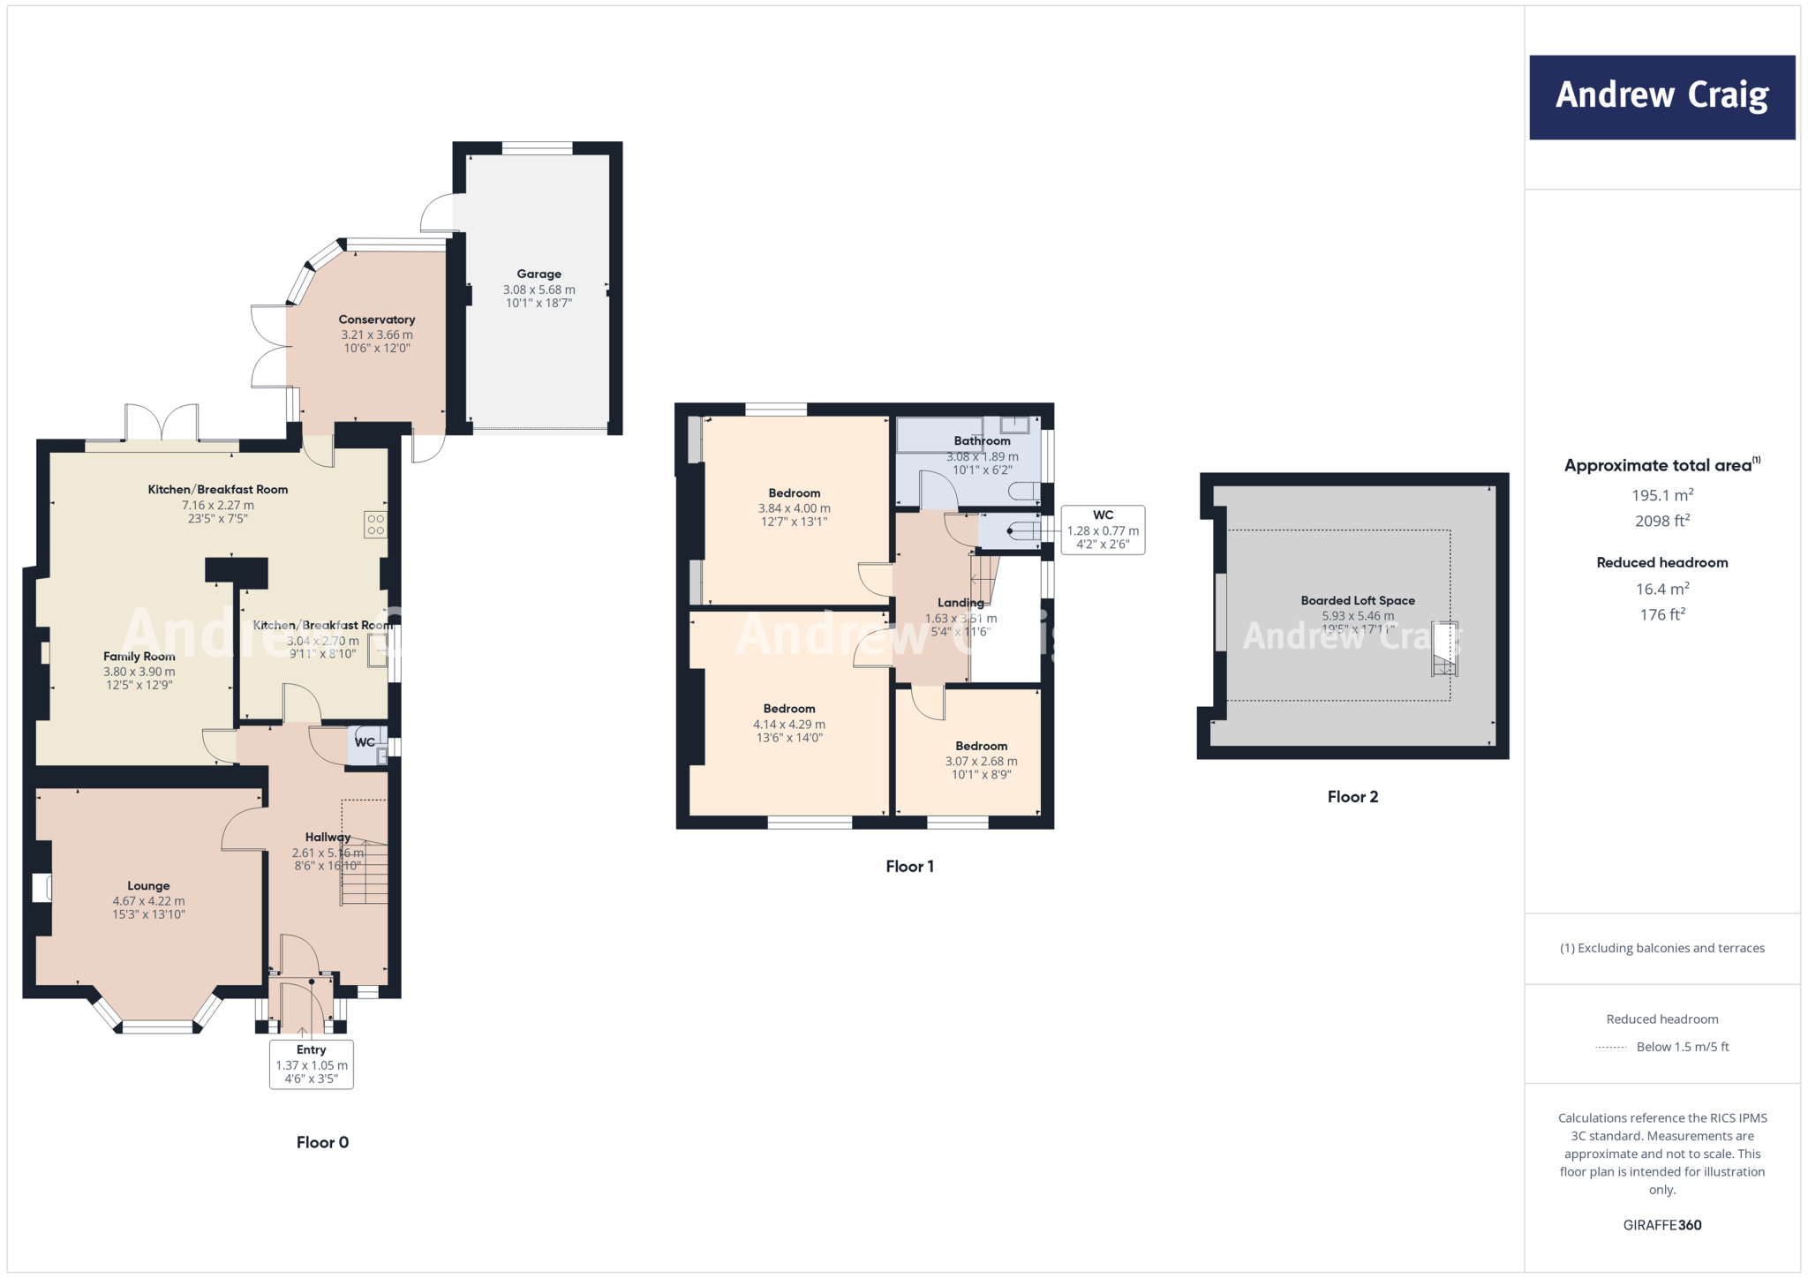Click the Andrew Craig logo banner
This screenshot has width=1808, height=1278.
tap(1661, 97)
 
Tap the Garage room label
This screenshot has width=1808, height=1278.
tap(539, 274)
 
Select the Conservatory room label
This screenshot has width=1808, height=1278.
tap(377, 319)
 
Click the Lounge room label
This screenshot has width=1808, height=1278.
tap(148, 886)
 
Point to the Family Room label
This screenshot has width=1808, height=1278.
tap(139, 657)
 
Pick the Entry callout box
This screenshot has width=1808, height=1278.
tap(312, 1064)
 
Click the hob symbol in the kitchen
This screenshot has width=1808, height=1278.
tap(375, 525)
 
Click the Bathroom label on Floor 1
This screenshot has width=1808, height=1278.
tap(982, 441)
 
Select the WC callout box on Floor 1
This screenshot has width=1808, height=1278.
tap(1103, 530)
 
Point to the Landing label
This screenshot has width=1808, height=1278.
tap(960, 603)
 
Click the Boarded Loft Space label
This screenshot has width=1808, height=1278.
tap(1357, 601)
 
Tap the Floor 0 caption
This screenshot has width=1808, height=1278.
tap(322, 1143)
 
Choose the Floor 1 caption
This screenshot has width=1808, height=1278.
tap(909, 867)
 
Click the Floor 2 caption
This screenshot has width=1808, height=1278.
tap(1352, 797)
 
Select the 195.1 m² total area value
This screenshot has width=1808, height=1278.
tap(1661, 496)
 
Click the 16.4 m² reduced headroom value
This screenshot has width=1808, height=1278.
tap(1661, 590)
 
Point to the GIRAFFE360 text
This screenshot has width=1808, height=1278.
tap(1661, 1225)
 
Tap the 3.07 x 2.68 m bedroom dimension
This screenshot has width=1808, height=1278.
tap(981, 762)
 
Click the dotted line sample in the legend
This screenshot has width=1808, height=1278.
tap(1611, 1048)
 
